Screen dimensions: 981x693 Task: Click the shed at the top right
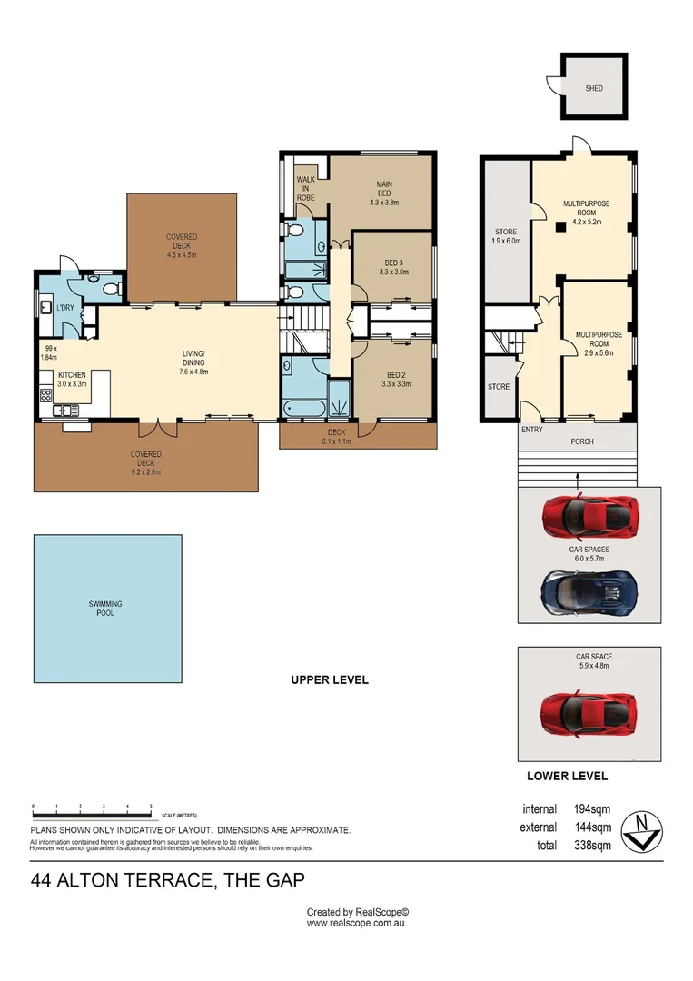[x=593, y=87]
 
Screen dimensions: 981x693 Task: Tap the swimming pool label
[x=105, y=609]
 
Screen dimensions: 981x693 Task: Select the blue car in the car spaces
[x=589, y=591]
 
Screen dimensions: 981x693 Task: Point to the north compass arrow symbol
[x=646, y=829]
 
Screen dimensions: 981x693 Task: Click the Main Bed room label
[x=384, y=193]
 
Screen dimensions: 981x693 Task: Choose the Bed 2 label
[x=395, y=380]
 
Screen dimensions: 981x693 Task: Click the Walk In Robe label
[x=305, y=192]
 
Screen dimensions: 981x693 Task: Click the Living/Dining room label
[x=193, y=359]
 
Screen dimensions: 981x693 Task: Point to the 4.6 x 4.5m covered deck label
[x=181, y=246]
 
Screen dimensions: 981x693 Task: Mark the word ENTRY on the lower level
[x=531, y=430]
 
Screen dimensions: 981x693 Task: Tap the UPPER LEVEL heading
[x=329, y=679]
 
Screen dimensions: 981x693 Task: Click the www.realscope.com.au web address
[x=355, y=923]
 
